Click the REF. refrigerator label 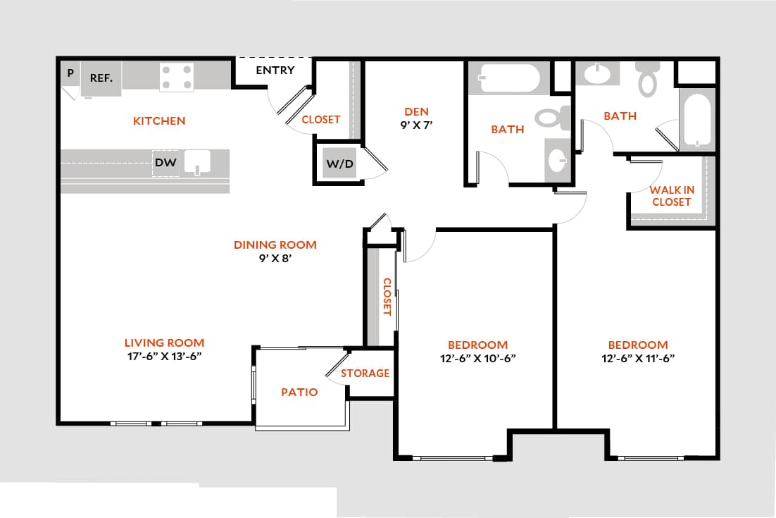[101, 78]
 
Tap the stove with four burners [177, 78]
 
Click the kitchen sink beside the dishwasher [198, 162]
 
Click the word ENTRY [275, 70]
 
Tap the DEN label [416, 111]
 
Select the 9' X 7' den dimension [416, 125]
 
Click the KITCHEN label [159, 121]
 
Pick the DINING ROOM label [275, 245]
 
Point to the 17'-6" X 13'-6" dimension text [164, 357]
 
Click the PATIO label [299, 392]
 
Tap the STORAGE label [365, 373]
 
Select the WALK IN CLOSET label [671, 196]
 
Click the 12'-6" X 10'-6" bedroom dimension [477, 358]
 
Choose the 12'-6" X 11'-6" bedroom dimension [638, 358]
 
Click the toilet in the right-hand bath [647, 79]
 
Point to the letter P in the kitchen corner [70, 73]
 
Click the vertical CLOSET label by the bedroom [387, 297]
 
